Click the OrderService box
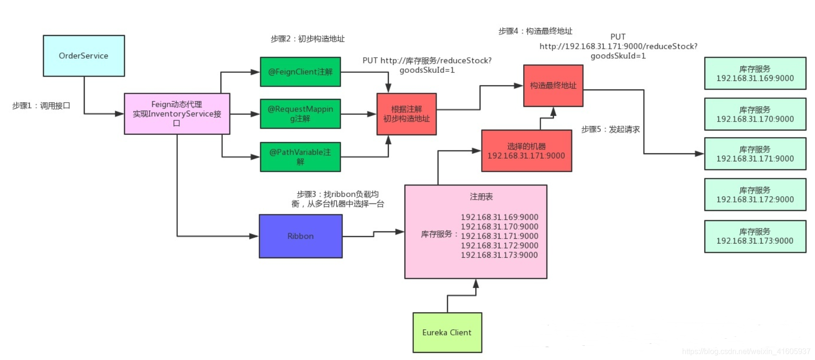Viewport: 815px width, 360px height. tap(84, 56)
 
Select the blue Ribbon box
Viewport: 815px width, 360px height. tap(300, 236)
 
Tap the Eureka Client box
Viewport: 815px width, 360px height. tap(447, 333)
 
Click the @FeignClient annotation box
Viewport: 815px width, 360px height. tap(300, 72)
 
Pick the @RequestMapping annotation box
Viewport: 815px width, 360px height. tap(300, 114)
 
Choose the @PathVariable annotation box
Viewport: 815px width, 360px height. tap(300, 157)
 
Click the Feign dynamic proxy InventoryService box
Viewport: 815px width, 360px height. tap(177, 114)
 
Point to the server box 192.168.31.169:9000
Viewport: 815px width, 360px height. tap(755, 73)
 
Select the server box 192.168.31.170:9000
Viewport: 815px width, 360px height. tap(755, 114)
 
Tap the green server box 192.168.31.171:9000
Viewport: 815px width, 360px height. tap(755, 154)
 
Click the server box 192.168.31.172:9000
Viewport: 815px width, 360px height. tap(755, 194)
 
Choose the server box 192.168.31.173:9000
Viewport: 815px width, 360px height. tap(755, 236)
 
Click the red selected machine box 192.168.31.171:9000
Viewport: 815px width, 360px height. tap(526, 151)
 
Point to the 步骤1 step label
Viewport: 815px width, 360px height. tap(41, 106)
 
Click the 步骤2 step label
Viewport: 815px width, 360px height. tap(307, 39)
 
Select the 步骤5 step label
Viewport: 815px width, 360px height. tap(610, 129)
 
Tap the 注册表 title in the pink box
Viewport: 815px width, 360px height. tap(481, 196)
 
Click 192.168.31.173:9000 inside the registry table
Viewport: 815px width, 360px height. tap(499, 255)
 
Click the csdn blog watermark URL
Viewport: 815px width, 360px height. tap(746, 351)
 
